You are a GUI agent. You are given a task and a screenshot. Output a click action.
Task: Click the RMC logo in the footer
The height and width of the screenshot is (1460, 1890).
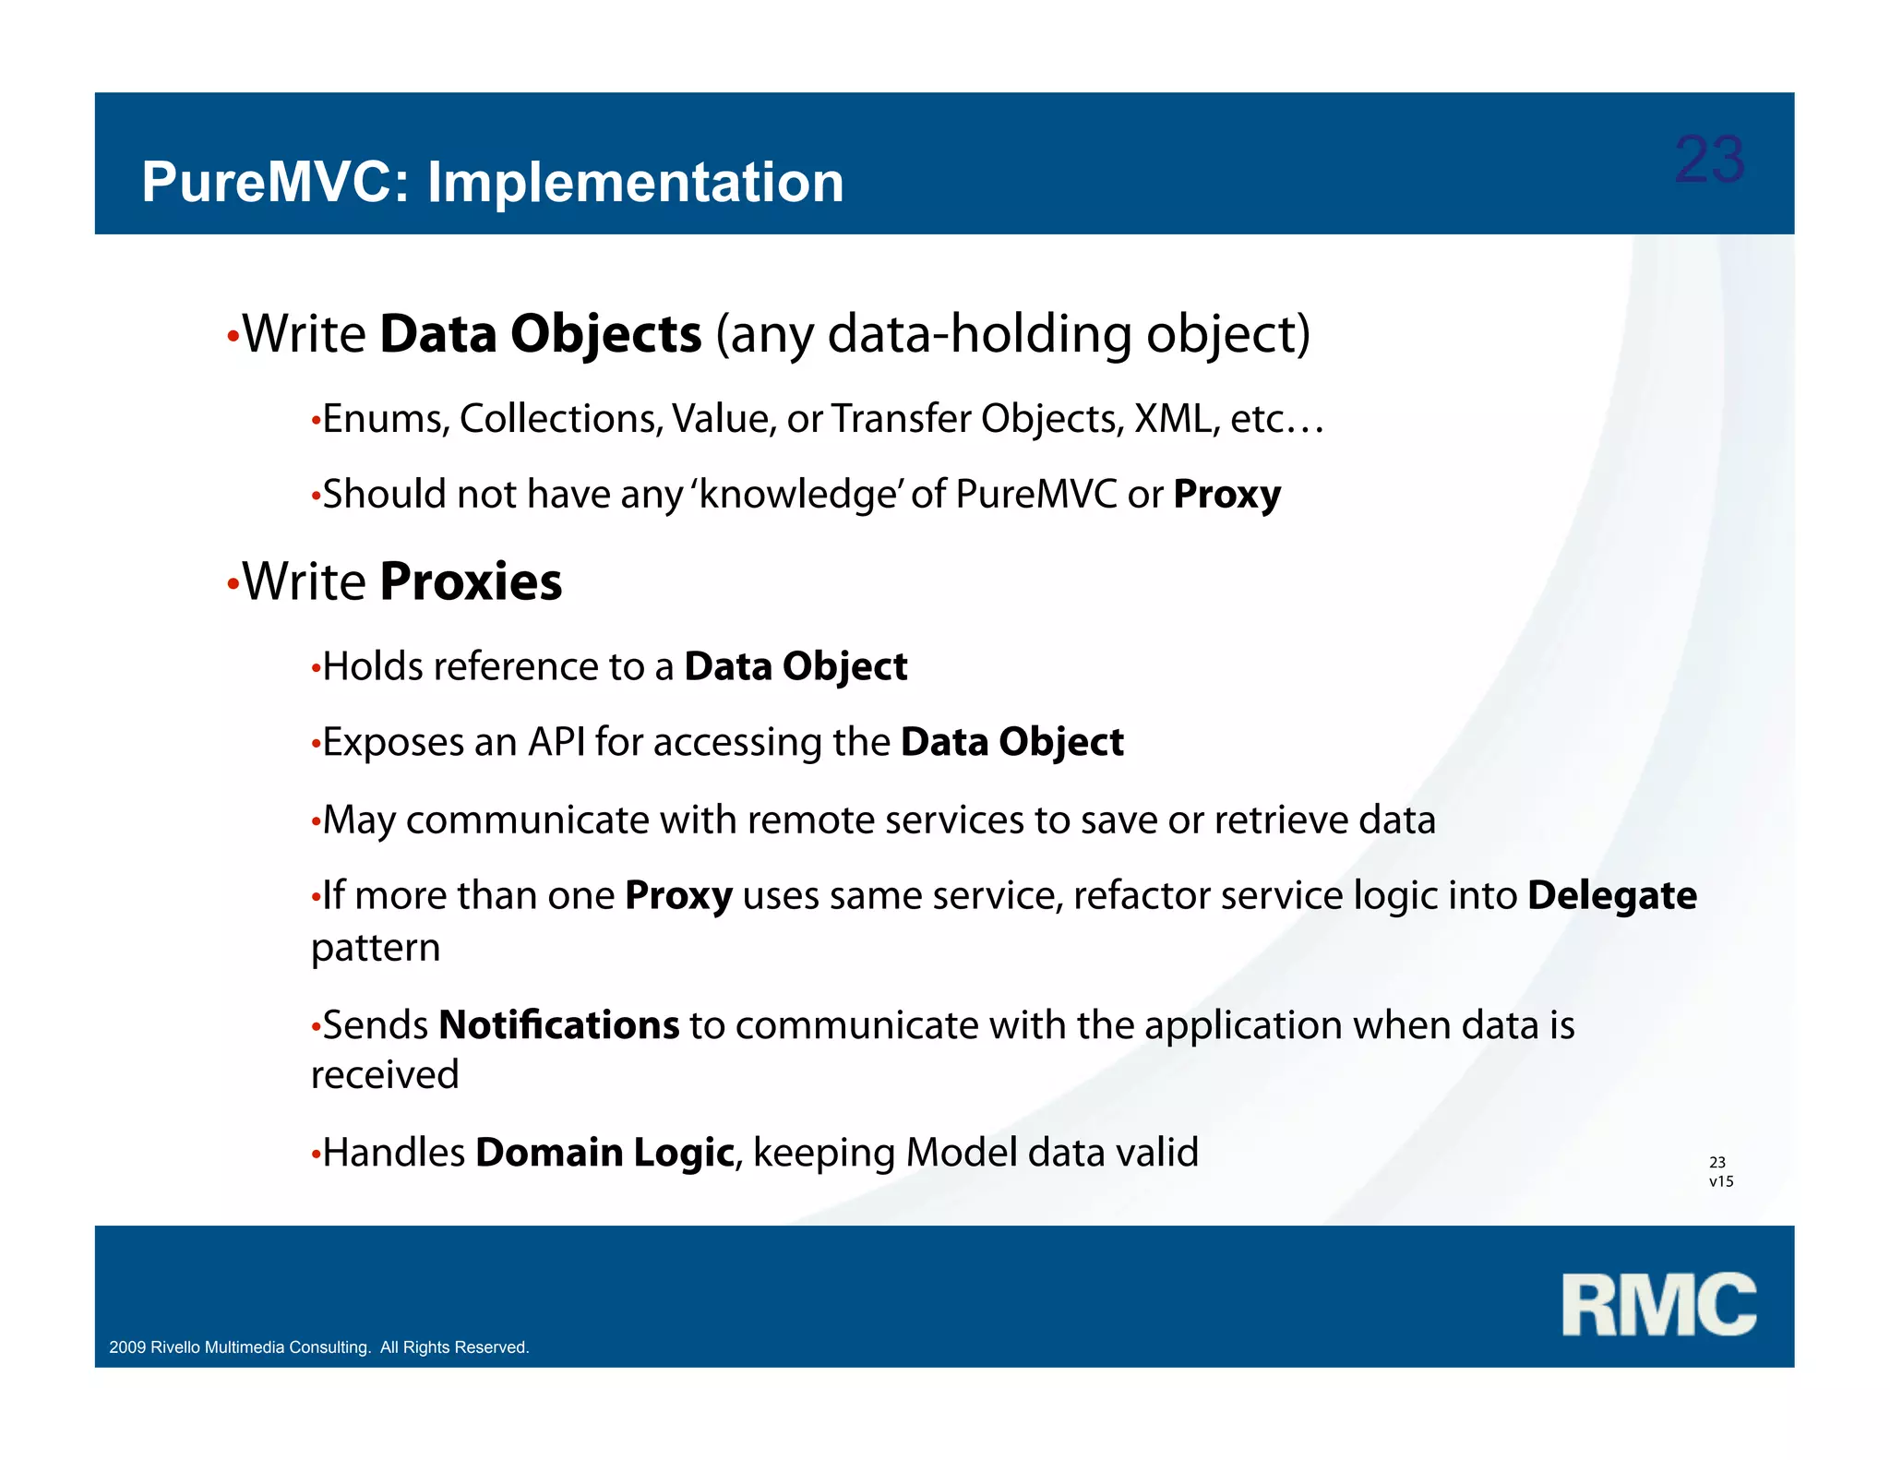click(1658, 1305)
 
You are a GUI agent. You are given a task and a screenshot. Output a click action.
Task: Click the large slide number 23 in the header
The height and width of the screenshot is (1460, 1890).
click(1709, 160)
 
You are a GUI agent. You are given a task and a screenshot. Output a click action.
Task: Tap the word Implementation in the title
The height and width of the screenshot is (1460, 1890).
click(635, 182)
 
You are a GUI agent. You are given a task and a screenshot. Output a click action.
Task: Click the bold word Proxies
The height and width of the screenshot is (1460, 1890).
click(471, 581)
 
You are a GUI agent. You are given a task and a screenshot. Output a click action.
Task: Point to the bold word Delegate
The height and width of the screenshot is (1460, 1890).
click(1611, 895)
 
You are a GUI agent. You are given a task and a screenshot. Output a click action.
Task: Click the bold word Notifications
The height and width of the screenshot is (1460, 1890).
click(558, 1025)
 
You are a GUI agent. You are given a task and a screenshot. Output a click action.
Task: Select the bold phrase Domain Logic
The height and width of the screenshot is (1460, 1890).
click(604, 1153)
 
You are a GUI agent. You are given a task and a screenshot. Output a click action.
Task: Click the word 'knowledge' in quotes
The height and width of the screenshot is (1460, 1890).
click(797, 494)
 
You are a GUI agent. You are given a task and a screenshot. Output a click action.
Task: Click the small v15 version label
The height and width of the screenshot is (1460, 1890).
click(1721, 1181)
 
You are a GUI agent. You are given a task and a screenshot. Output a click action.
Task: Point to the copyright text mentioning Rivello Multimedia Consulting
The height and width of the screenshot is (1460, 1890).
click(318, 1347)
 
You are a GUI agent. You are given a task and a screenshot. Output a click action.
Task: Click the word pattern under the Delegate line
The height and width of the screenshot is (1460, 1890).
click(376, 948)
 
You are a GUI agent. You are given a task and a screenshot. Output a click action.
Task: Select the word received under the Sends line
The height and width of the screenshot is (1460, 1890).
click(385, 1075)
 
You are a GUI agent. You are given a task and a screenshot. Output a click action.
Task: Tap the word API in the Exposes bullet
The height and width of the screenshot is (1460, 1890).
click(556, 742)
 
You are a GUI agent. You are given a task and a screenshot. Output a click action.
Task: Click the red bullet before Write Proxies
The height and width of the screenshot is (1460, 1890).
click(233, 586)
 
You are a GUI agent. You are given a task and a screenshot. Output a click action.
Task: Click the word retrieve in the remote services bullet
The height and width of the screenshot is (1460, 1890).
click(1275, 820)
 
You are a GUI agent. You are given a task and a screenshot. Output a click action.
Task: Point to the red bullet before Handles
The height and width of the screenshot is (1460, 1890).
click(316, 1155)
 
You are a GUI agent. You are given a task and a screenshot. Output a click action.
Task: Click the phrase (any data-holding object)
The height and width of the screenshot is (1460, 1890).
click(1012, 334)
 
